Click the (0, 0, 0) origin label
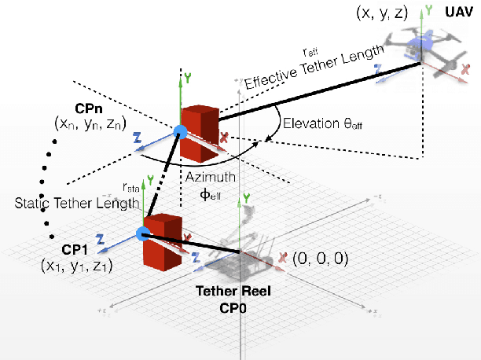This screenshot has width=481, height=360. tap(320, 257)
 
